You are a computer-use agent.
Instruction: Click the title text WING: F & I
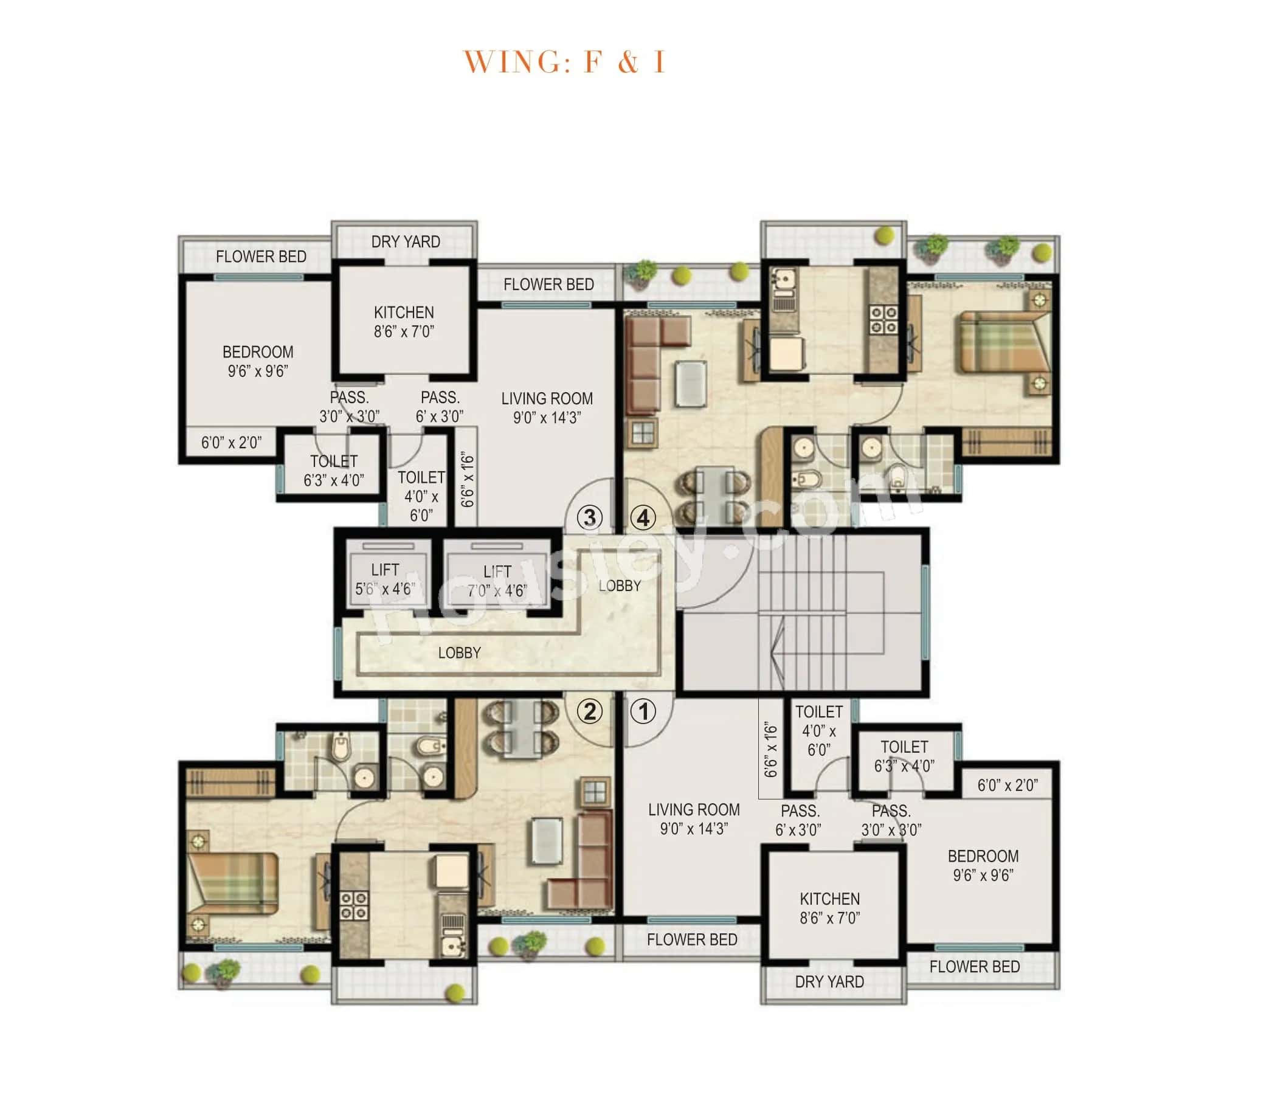click(564, 62)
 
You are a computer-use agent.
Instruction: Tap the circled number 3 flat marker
click(590, 517)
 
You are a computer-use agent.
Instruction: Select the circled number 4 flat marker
click(643, 517)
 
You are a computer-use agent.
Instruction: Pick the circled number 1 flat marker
click(643, 711)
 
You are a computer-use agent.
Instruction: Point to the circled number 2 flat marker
click(590, 711)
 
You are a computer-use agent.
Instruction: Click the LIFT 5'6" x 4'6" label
click(385, 579)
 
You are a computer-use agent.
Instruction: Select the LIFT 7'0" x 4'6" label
click(497, 581)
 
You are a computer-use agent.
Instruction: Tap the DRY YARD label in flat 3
click(406, 242)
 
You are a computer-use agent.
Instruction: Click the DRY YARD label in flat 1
click(829, 982)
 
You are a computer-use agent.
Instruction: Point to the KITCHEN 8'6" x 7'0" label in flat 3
click(404, 322)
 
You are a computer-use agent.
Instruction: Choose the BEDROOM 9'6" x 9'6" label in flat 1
click(983, 865)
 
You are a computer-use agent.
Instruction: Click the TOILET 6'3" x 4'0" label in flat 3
click(334, 471)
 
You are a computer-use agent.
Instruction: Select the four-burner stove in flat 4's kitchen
click(883, 320)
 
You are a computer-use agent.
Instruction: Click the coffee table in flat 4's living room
click(691, 383)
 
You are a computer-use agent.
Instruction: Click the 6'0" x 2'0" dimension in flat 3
click(231, 443)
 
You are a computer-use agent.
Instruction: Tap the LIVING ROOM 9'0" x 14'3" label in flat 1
click(694, 819)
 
